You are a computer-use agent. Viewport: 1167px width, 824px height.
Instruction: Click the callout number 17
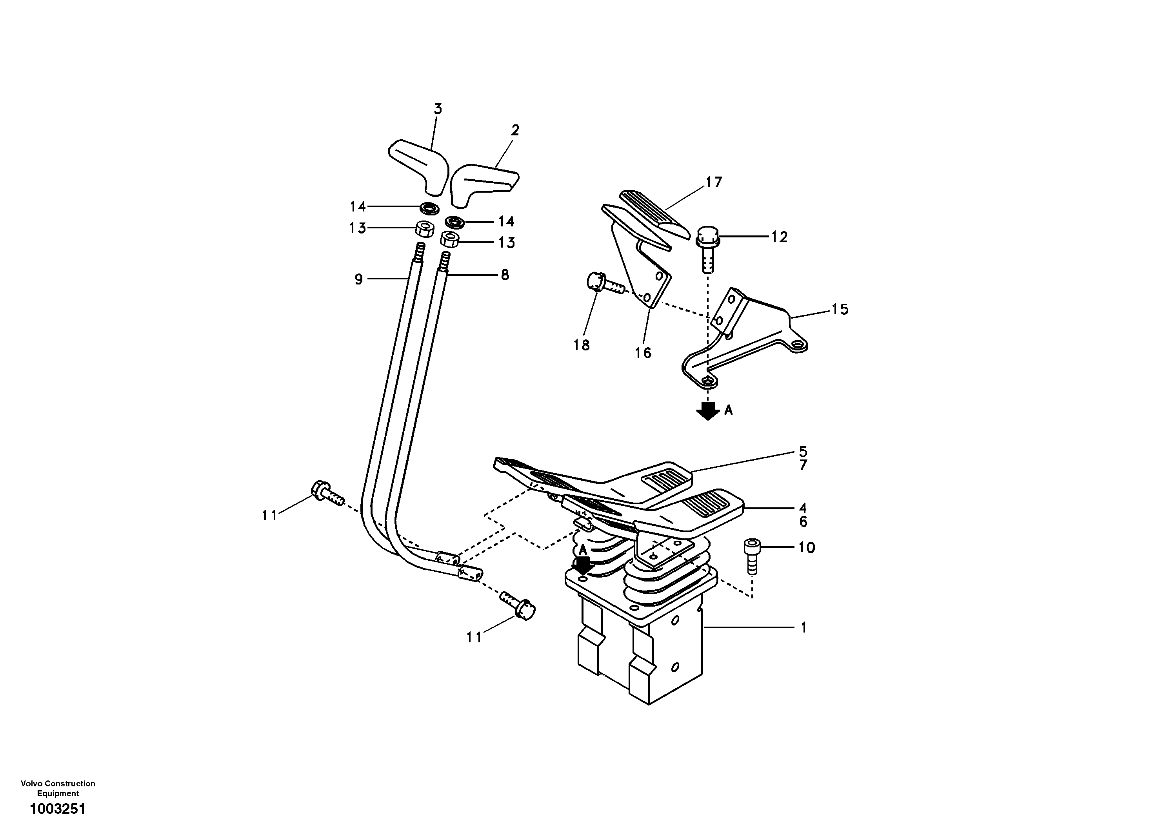click(714, 182)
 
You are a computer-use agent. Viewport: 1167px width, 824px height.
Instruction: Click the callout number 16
click(643, 352)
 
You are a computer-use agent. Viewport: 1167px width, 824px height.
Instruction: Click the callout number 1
click(803, 628)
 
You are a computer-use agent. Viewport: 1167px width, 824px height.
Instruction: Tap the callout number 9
click(359, 279)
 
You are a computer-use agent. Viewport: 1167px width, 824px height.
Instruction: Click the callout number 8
click(505, 275)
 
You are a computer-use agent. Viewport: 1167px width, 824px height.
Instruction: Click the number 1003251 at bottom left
click(57, 808)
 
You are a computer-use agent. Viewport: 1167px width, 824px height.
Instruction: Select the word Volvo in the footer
click(31, 784)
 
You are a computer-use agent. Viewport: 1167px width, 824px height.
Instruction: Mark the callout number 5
click(803, 451)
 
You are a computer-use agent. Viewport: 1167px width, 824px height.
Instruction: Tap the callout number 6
click(803, 521)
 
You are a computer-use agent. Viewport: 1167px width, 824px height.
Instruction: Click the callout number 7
click(803, 465)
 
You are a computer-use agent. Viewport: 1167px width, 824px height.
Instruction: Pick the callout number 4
click(803, 508)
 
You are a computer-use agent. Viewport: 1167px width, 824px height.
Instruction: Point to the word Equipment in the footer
click(58, 793)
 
